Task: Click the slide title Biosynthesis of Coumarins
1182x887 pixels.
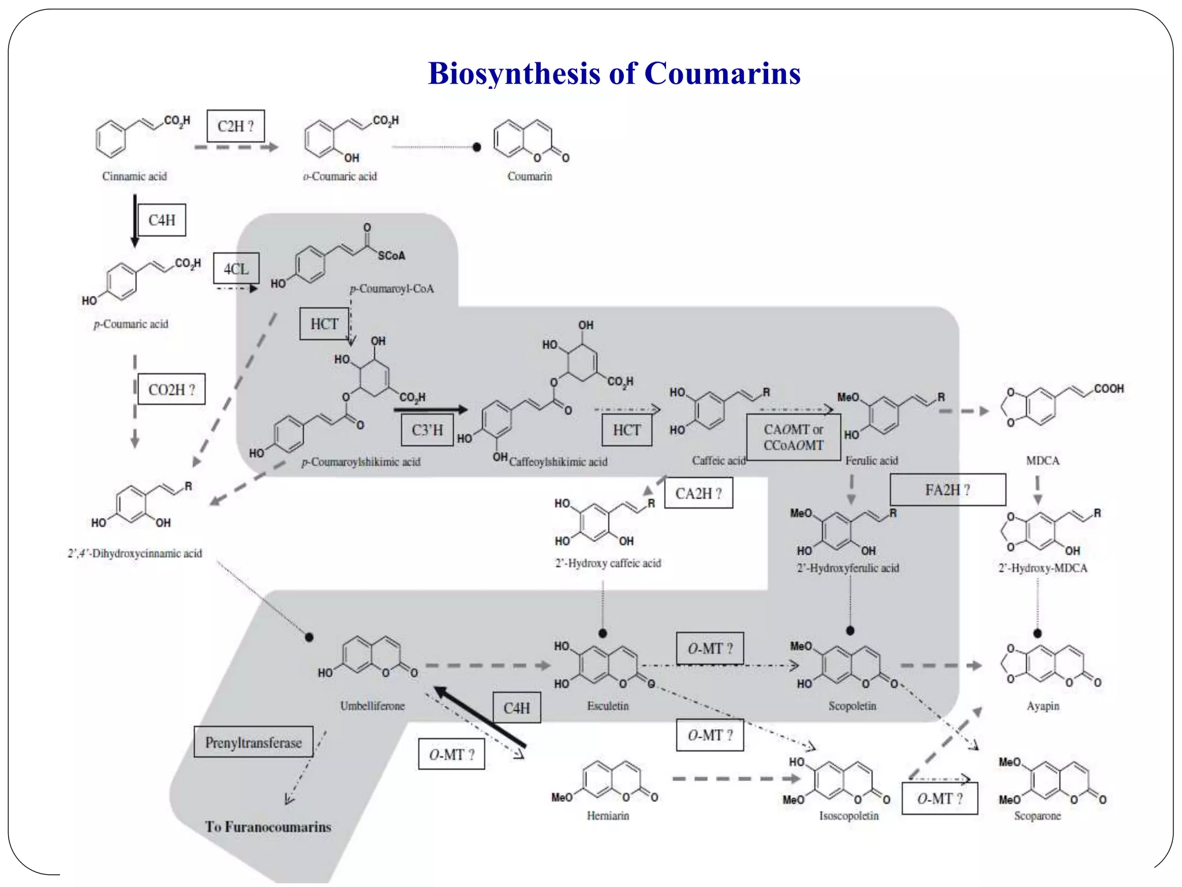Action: [614, 74]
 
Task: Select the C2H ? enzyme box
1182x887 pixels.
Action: [235, 126]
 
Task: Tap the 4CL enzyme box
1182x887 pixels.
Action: [236, 269]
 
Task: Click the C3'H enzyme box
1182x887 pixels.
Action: [427, 430]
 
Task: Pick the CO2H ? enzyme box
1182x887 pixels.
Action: [171, 389]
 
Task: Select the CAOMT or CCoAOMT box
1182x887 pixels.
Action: [794, 437]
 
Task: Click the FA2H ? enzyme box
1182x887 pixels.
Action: [948, 490]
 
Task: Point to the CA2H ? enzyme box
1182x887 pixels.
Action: [698, 494]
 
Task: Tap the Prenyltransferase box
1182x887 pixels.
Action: [253, 742]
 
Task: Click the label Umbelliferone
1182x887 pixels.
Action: [372, 706]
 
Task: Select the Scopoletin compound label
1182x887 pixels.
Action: [852, 706]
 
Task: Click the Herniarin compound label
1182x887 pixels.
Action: [608, 815]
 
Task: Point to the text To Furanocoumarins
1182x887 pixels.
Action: [268, 826]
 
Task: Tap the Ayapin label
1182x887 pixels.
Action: [1043, 706]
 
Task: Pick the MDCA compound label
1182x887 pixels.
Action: [1042, 460]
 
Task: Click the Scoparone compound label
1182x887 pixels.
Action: [1037, 815]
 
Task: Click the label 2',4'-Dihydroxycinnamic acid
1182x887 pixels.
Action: [135, 553]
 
